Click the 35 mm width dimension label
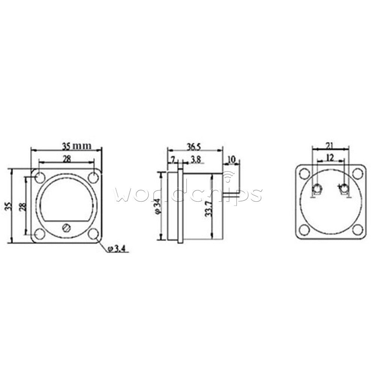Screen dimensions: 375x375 click(77, 145)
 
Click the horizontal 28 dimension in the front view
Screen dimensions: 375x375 click(67, 159)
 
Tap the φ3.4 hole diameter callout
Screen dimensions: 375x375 click(116, 249)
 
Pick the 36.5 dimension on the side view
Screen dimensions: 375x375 click(194, 147)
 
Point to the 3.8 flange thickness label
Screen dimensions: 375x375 click(196, 160)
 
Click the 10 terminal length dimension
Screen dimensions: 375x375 click(231, 159)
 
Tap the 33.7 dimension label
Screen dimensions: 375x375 click(209, 209)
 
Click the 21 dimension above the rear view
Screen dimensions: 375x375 click(330, 145)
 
